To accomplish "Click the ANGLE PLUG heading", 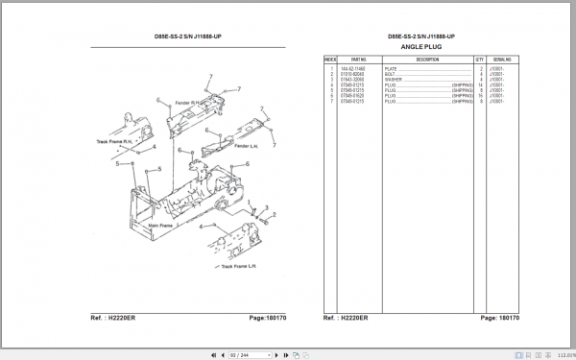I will coord(421,46).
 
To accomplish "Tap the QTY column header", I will coord(480,60).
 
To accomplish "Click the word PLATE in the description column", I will coord(391,68).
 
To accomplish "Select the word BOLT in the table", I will coord(390,74).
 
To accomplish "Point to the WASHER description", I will coord(393,80).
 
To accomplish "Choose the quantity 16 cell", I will coord(480,96).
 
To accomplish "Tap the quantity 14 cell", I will coord(480,85).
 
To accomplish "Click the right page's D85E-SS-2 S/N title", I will coord(421,36).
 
